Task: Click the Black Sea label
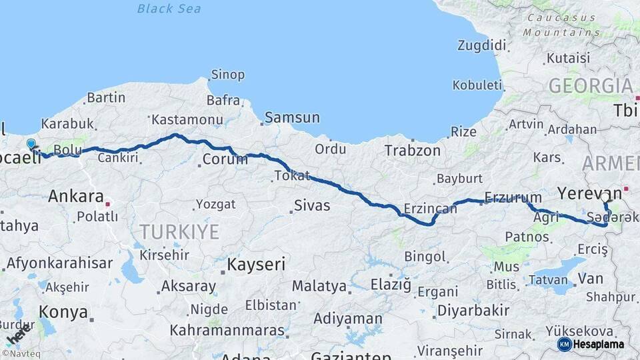pos(169,9)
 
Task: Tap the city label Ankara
pos(75,197)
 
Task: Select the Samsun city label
pos(292,118)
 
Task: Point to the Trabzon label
pos(412,151)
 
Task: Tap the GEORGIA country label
pos(590,86)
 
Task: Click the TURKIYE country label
pos(179,232)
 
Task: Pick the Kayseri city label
pos(256,264)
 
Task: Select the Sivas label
pos(312,205)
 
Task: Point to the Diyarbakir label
pos(473,311)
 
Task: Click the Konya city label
pos(63,312)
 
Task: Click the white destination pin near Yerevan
pos(605,197)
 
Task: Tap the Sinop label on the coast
pos(227,75)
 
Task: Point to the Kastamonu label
pos(187,120)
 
